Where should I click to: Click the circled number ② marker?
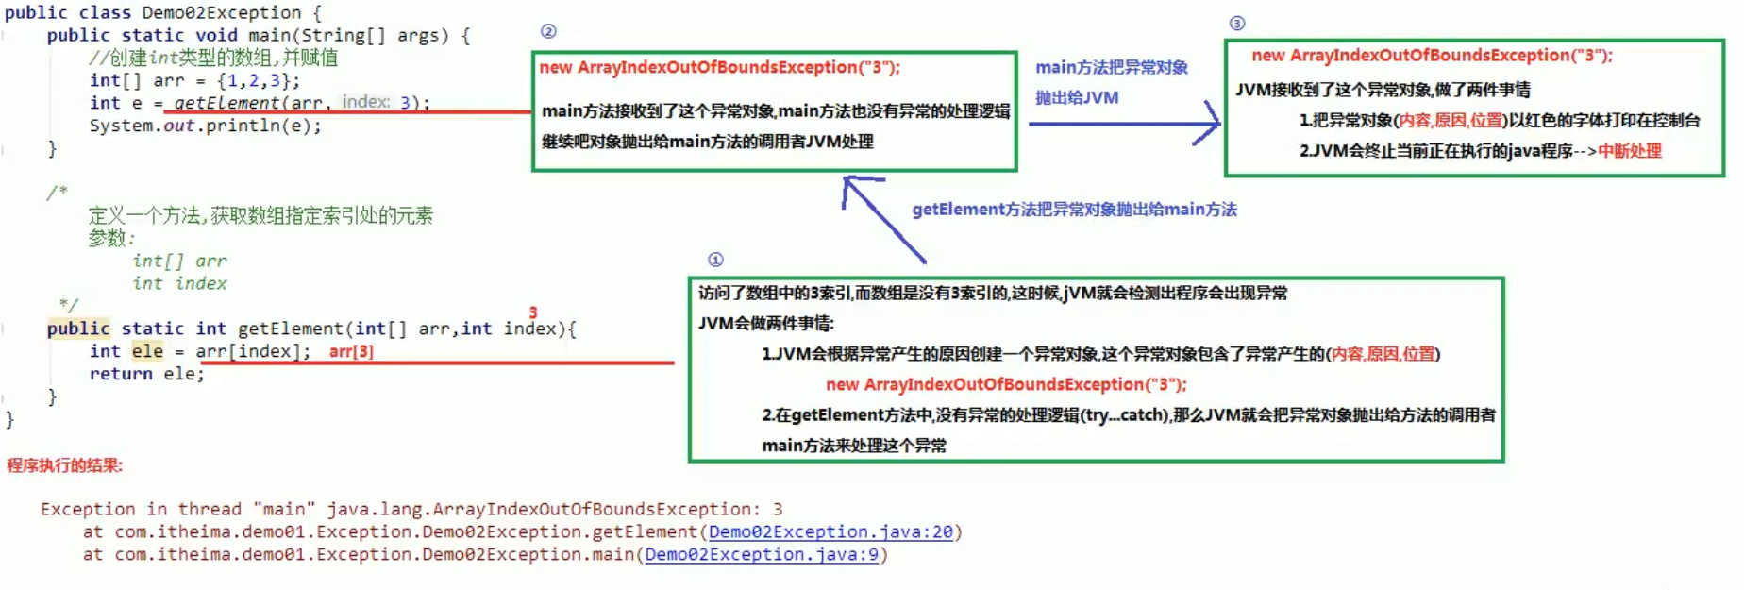pos(548,31)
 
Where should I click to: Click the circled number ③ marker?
pos(1236,24)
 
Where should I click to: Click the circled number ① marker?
pos(715,260)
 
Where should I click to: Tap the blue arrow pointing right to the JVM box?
pos(1123,124)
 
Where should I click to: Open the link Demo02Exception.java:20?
pos(830,532)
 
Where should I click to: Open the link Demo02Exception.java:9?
pos(762,555)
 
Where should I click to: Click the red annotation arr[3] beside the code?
pos(351,351)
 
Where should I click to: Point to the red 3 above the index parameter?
pos(533,312)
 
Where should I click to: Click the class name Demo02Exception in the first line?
pos(221,12)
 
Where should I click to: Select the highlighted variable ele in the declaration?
pos(147,351)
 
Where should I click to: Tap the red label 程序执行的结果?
pos(64,465)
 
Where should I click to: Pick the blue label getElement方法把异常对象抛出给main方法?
pos(1074,210)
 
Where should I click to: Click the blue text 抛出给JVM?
pos(1077,97)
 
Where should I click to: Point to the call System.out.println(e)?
pos(205,126)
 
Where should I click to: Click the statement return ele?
pos(146,374)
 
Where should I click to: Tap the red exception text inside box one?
pos(1006,384)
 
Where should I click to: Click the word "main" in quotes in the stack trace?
pos(284,510)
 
